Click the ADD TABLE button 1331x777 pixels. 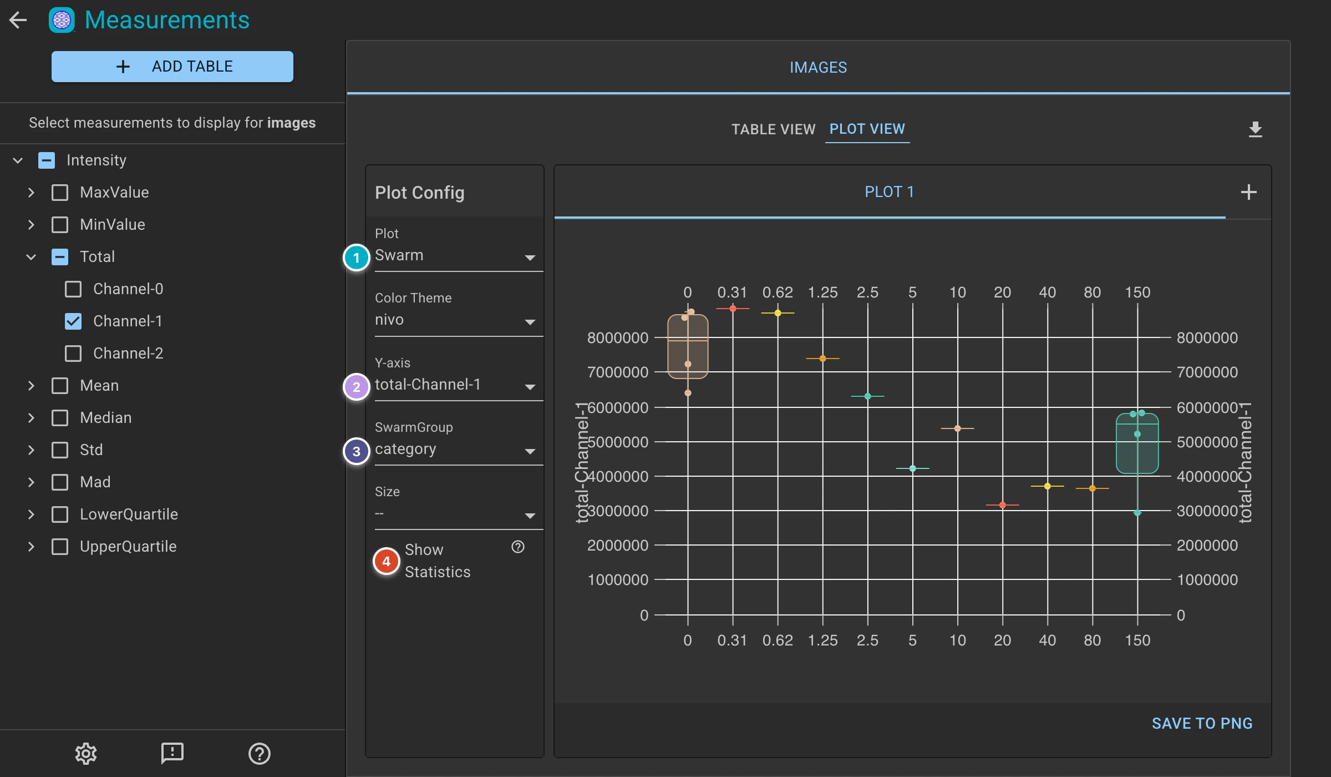point(172,67)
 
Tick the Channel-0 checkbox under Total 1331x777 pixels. point(73,289)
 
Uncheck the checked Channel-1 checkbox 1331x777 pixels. point(73,321)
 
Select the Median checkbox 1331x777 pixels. point(60,418)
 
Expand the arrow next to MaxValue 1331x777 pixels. point(31,193)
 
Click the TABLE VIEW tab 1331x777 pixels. point(773,129)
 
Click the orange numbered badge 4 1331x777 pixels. point(387,561)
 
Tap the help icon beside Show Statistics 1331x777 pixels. point(518,547)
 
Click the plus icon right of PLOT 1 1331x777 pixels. point(1249,192)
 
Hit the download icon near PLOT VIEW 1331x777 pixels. point(1256,129)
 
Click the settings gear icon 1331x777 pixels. point(86,753)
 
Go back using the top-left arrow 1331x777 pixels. point(18,20)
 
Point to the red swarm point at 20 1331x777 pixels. point(1003,505)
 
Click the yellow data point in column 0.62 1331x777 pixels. point(778,313)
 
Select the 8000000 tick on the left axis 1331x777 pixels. point(618,337)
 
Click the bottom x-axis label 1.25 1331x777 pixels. point(823,640)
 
